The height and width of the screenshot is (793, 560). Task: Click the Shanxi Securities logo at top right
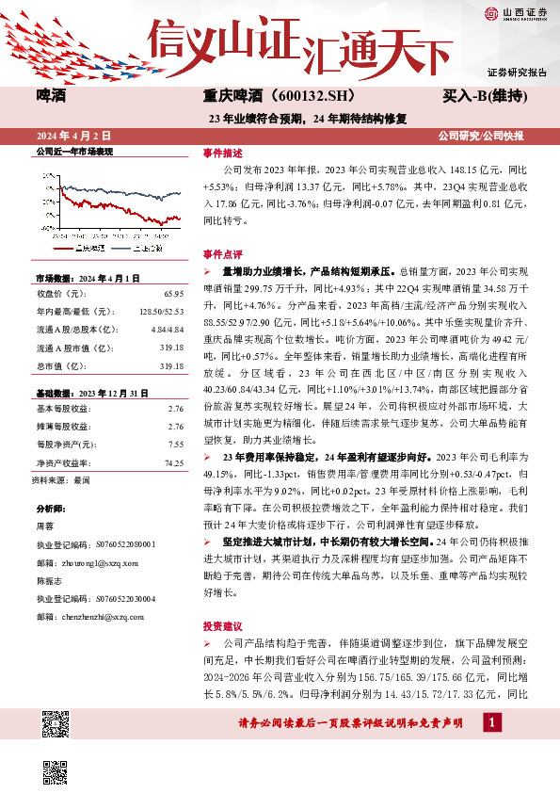coord(514,14)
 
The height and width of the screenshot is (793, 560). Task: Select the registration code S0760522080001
coord(122,544)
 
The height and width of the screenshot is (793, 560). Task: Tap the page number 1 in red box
coord(490,722)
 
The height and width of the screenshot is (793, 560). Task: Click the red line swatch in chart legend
coord(62,248)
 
